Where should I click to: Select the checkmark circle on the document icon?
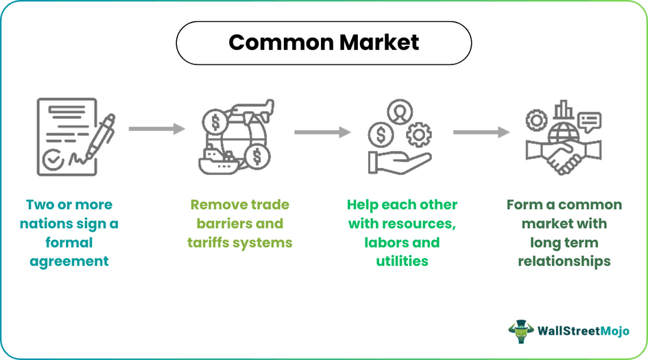[x=53, y=160]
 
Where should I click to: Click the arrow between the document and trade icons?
[x=156, y=129]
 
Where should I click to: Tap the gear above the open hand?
[x=418, y=134]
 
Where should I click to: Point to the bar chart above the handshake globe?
[x=564, y=110]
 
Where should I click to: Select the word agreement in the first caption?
[x=69, y=261]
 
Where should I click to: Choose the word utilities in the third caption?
[x=402, y=261]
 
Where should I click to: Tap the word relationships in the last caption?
[x=564, y=261]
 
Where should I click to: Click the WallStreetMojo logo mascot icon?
[x=521, y=331]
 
